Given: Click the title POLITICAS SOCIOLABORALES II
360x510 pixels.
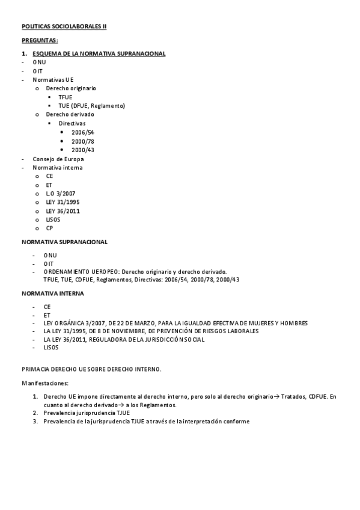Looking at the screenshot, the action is click(64, 26).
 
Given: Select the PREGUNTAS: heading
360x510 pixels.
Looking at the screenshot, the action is click(40, 40).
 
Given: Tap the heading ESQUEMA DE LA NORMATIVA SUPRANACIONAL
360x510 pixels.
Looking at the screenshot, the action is click(99, 54).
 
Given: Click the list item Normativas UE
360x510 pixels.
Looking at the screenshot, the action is click(53, 79).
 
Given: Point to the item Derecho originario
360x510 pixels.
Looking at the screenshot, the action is click(71, 88).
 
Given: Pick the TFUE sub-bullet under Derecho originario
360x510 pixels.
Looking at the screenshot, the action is click(66, 97).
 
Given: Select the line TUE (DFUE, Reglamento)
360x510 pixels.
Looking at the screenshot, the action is click(91, 106).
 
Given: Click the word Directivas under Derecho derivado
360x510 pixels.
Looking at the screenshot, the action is click(72, 123).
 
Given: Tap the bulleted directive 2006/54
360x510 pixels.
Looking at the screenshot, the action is click(82, 132).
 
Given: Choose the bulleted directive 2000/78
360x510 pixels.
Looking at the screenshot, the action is click(82, 141).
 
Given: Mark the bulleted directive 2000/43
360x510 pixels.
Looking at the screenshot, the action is click(82, 150).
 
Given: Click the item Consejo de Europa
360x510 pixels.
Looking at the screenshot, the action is click(58, 159).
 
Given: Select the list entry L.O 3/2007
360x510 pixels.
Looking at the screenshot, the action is click(61, 194).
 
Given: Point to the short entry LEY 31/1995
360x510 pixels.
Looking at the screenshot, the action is click(63, 202).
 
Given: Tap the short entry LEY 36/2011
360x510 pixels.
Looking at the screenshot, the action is click(63, 211).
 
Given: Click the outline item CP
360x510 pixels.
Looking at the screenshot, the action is click(50, 229).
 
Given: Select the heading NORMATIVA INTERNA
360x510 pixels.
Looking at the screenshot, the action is click(53, 293).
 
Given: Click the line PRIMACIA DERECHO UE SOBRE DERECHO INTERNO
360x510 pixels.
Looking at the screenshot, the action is click(91, 369).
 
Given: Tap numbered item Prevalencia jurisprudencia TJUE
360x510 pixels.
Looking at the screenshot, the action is click(87, 413).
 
